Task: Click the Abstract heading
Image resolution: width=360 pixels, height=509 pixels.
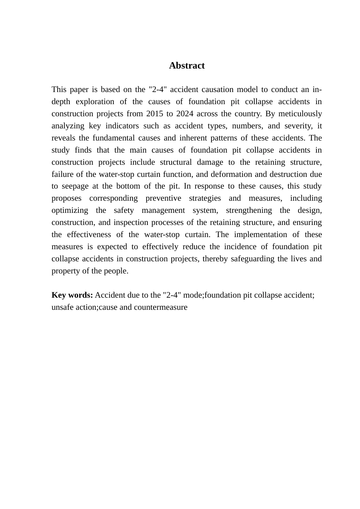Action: point(186,66)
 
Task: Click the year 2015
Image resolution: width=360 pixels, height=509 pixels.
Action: point(154,114)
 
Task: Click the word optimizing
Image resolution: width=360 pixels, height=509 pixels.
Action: point(70,210)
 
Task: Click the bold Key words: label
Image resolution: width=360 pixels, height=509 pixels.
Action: point(72,295)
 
